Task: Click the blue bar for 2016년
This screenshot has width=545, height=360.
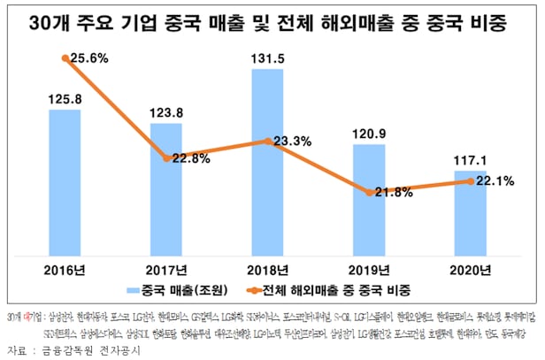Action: (65, 181)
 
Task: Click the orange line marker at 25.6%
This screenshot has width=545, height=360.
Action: (65, 58)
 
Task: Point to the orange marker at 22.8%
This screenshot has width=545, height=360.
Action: (166, 158)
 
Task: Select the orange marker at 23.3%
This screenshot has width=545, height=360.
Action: (268, 141)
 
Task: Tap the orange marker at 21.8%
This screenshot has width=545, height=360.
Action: (369, 191)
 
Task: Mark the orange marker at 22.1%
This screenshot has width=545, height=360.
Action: (470, 180)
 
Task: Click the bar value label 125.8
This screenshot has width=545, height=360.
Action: (65, 100)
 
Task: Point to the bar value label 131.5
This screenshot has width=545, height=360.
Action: (268, 57)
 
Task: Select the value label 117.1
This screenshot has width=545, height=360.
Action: (470, 161)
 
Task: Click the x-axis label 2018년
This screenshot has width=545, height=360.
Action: (268, 269)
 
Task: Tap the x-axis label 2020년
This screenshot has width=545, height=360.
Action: (470, 269)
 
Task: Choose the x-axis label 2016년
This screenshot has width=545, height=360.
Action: (65, 269)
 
